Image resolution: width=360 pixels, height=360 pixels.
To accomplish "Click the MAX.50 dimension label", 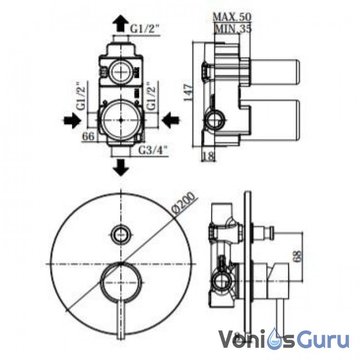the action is coord(232,17).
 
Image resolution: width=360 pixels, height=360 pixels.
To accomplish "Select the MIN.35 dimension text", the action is coord(233,28).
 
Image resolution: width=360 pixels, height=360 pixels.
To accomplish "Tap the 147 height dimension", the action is coord(188,93).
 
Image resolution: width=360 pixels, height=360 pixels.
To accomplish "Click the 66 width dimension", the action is coord(88,136).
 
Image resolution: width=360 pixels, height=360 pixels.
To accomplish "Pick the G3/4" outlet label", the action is coord(153,151).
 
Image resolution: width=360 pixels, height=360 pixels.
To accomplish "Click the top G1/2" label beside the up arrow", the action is coord(145,29).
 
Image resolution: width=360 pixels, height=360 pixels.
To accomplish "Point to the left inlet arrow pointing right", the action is coord(72,121).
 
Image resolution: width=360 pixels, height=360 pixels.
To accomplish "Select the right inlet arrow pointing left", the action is coord(171,121).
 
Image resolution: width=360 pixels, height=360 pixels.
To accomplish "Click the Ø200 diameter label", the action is coord(184,205).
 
